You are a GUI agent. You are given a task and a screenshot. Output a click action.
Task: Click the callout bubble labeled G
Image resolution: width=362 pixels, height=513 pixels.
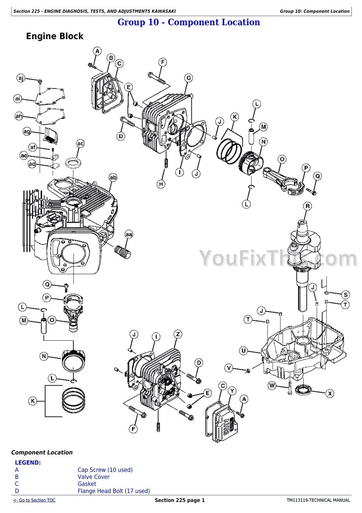(188, 78)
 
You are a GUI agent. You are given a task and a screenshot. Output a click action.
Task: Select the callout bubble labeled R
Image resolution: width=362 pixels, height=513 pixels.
(308, 206)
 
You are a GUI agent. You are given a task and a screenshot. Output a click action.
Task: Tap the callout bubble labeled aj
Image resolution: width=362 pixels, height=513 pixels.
(21, 78)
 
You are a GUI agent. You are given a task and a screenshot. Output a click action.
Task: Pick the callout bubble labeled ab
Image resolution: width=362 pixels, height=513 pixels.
(113, 178)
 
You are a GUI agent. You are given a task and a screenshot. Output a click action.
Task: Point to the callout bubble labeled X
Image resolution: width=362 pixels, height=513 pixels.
(330, 393)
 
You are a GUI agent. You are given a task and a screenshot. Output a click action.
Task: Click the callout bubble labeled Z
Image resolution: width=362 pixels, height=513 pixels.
(178, 334)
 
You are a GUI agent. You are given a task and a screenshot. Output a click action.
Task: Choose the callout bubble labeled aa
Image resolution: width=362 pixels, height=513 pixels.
(129, 234)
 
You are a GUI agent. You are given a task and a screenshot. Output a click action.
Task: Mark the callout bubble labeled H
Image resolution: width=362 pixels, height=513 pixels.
(161, 184)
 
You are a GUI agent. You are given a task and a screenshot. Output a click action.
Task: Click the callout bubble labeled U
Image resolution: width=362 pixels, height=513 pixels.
(244, 351)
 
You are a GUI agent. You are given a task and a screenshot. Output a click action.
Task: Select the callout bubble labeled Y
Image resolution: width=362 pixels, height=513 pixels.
(232, 391)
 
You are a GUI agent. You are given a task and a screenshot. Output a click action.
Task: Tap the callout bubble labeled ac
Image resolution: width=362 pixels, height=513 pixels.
(80, 143)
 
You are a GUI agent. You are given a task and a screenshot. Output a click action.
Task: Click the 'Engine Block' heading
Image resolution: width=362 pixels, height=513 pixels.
(54, 36)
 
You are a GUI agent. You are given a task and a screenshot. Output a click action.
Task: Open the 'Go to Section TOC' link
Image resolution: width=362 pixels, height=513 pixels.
(34, 500)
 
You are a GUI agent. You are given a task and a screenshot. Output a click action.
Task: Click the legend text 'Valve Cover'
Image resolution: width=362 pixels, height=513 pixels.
(93, 477)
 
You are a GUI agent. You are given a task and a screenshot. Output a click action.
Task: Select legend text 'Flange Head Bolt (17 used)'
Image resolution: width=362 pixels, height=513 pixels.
(114, 491)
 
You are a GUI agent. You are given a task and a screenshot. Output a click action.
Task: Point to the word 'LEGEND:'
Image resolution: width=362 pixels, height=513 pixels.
(28, 463)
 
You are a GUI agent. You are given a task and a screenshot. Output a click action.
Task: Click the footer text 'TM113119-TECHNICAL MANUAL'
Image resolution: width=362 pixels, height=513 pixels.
(318, 500)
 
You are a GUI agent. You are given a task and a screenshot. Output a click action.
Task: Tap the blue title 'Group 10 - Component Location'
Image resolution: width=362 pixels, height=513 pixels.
(188, 22)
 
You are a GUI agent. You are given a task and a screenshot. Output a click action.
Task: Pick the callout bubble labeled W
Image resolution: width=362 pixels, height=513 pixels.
(272, 386)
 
